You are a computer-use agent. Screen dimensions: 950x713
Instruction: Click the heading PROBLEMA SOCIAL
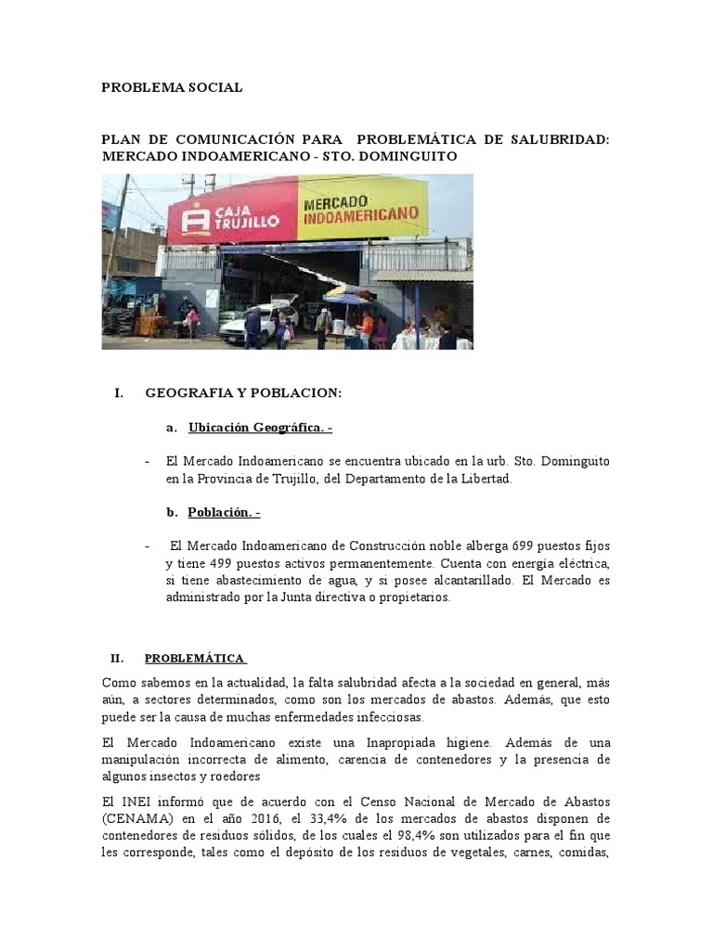pos(172,87)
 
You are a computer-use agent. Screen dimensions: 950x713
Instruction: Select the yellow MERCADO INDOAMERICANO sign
pos(362,209)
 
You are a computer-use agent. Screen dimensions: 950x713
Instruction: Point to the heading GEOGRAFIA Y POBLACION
pos(243,393)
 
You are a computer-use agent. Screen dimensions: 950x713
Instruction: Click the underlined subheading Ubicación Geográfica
pos(259,428)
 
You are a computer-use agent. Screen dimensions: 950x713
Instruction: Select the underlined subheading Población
pos(224,512)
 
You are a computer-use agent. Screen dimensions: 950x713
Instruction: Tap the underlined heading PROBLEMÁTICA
pos(195,659)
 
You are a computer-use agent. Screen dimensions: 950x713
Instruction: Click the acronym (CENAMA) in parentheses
pos(140,818)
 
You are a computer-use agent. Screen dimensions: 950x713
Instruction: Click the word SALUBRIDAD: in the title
pos(561,139)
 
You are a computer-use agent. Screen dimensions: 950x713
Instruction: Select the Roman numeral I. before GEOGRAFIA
pos(119,393)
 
